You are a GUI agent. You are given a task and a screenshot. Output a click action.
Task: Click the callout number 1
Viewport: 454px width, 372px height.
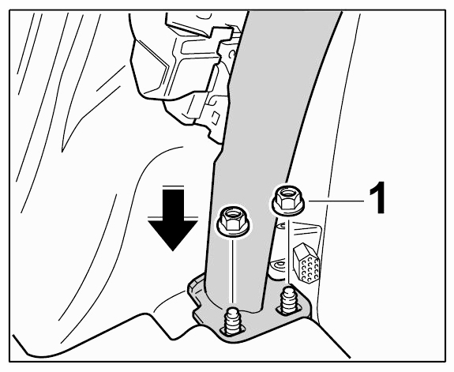click(x=377, y=198)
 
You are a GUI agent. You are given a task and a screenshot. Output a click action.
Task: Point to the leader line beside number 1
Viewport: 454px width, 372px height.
click(x=336, y=201)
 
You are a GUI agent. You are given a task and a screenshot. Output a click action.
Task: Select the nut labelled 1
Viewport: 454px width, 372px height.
click(x=287, y=200)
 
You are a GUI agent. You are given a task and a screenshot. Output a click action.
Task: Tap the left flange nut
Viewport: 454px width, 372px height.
click(x=234, y=220)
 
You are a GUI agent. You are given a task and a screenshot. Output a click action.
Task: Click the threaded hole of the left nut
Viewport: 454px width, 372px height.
click(x=232, y=215)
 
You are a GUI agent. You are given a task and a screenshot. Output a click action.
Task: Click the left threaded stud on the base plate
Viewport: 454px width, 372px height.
click(x=233, y=321)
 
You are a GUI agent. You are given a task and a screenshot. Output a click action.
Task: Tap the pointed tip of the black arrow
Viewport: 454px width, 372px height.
click(x=173, y=250)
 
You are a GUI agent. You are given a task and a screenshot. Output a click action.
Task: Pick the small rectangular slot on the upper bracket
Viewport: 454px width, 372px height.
click(x=215, y=116)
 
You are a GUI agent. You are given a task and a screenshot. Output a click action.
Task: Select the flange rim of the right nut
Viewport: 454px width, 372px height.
click(x=288, y=209)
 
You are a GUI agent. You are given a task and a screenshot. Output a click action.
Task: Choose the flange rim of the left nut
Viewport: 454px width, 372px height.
click(x=234, y=230)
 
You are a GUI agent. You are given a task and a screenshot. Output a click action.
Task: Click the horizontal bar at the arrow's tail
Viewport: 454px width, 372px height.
click(x=173, y=186)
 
